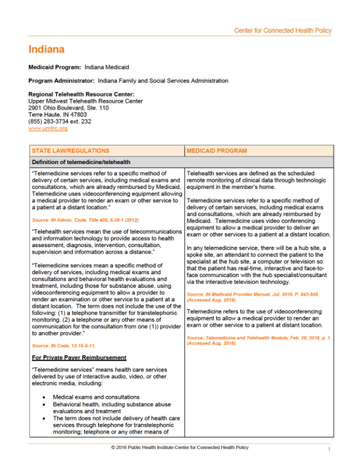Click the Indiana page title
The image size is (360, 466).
click(46, 49)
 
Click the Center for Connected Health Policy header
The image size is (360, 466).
click(282, 31)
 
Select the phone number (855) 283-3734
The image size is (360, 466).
click(49, 121)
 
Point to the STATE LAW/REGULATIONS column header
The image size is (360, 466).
click(70, 151)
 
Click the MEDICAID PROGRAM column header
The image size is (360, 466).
click(212, 151)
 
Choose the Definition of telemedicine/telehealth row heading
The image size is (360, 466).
click(81, 162)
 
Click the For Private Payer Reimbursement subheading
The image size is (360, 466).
click(79, 358)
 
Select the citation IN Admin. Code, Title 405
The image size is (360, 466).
click(76, 219)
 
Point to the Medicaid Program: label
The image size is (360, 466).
click(55, 68)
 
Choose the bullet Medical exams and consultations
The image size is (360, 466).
click(96, 397)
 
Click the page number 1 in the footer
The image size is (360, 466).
click(329, 450)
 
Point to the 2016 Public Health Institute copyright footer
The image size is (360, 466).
click(180, 447)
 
